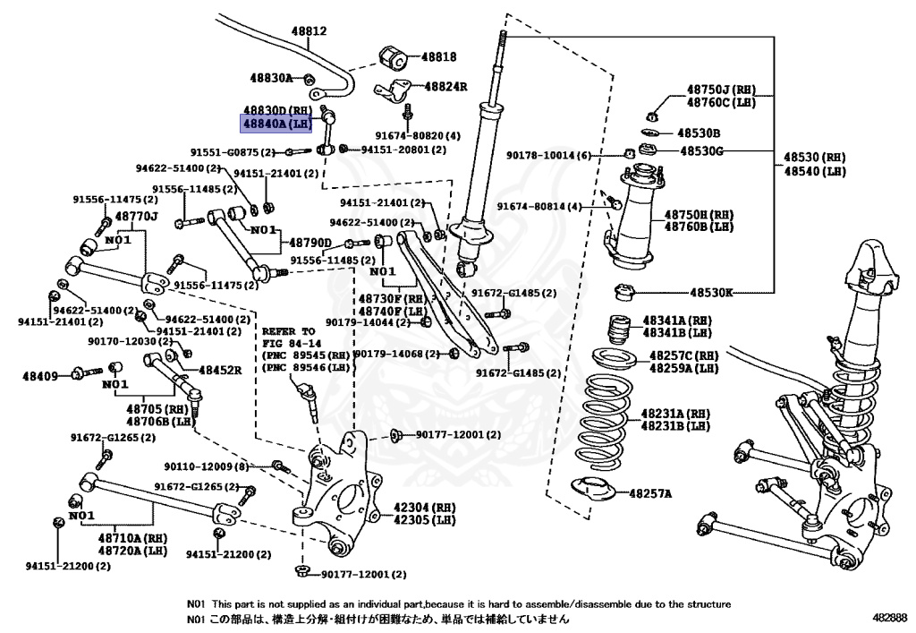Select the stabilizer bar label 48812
point(308,31)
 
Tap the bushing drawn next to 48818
point(394,56)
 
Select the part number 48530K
point(711,292)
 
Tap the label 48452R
point(220,369)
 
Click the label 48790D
point(310,243)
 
